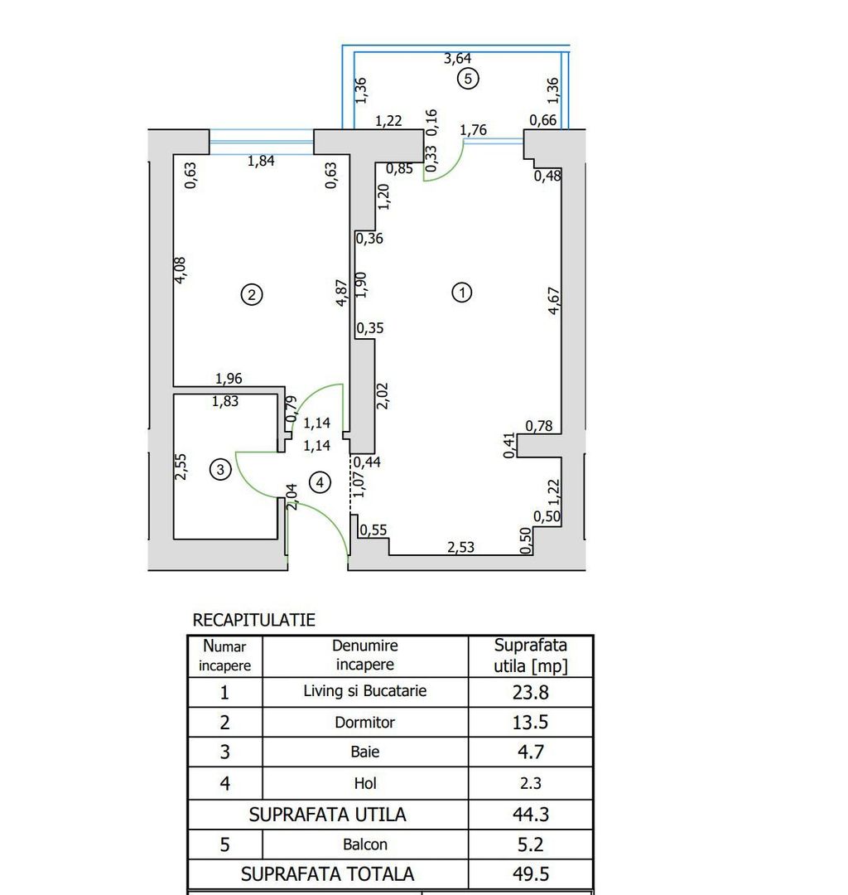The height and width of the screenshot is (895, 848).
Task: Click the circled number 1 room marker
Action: (461, 292)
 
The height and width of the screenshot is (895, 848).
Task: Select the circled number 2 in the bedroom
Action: (252, 293)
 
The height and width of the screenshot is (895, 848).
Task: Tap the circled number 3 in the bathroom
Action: (219, 470)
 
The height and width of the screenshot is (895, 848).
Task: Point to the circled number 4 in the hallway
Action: (320, 481)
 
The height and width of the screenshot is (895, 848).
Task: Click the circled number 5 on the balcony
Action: (468, 80)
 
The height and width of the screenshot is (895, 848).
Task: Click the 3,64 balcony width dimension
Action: (458, 58)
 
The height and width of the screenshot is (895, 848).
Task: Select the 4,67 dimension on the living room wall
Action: (554, 301)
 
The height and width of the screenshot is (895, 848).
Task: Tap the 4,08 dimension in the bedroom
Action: (182, 270)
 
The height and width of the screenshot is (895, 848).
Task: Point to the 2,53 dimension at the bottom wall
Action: (461, 548)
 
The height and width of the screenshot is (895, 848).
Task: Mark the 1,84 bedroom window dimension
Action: (262, 161)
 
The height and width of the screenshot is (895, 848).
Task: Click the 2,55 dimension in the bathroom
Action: (182, 467)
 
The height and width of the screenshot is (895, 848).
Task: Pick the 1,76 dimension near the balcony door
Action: (472, 129)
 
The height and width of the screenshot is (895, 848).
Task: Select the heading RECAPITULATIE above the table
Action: (253, 620)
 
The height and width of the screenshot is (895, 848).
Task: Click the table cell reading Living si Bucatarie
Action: (365, 691)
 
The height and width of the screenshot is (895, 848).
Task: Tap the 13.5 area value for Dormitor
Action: (531, 722)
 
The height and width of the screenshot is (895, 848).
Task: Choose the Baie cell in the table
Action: (365, 752)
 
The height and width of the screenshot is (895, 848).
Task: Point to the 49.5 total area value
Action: (531, 873)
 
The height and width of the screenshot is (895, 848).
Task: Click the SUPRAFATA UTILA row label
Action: (328, 815)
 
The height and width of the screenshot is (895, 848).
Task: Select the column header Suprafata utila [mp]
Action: (531, 656)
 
